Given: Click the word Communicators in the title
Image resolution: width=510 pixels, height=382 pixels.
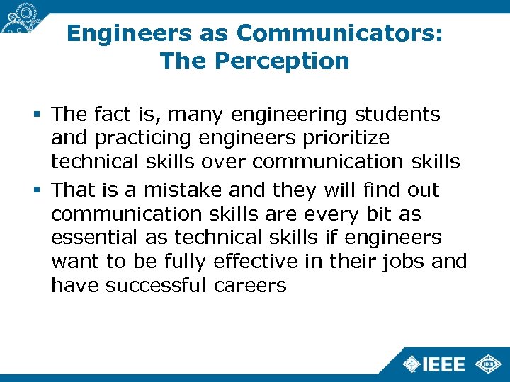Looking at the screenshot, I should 340,33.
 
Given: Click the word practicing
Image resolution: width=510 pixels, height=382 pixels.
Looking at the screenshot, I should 142,137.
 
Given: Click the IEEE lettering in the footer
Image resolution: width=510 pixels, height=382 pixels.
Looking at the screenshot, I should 444,364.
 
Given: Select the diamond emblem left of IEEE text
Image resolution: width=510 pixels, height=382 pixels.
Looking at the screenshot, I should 411,364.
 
